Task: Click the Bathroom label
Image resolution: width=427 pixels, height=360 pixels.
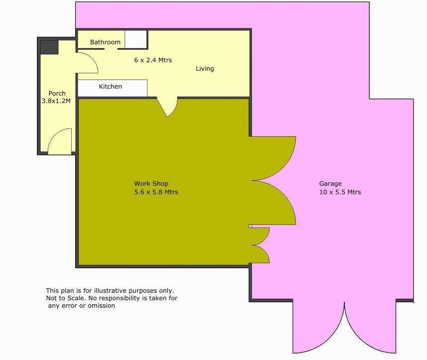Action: click(x=105, y=42)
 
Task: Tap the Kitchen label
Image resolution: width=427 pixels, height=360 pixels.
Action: click(x=110, y=87)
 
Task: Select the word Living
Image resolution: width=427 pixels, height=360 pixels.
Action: click(x=205, y=69)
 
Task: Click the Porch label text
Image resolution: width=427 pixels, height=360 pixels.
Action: click(x=57, y=94)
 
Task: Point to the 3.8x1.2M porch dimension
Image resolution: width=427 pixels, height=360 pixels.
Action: click(x=57, y=101)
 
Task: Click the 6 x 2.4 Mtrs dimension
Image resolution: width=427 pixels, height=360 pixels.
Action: click(x=153, y=60)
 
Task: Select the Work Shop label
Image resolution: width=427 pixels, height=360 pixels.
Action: click(x=151, y=184)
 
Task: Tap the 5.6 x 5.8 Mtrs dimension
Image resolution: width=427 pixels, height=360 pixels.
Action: click(x=156, y=192)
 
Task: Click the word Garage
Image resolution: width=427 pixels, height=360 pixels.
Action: click(x=330, y=184)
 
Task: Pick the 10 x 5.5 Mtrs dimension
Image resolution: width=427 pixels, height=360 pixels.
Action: click(x=340, y=192)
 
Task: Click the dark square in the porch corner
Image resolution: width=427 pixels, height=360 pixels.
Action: click(x=49, y=47)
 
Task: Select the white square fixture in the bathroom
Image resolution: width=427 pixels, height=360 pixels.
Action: click(x=135, y=39)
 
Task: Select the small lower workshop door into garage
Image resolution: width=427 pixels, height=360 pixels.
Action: click(x=260, y=245)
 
